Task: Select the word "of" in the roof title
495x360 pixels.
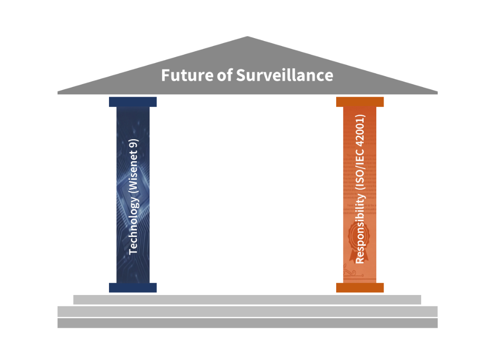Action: coord(225,76)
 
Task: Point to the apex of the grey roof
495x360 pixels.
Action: coord(247,37)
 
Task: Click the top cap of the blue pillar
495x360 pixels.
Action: coord(133,102)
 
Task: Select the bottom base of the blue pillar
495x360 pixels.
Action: coord(133,288)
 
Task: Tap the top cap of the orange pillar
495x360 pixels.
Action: coord(360,102)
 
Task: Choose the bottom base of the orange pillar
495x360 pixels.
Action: coord(360,288)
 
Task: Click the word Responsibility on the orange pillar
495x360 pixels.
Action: coord(360,229)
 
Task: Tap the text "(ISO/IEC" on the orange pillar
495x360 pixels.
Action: coord(360,169)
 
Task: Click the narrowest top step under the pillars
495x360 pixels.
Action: coord(247,299)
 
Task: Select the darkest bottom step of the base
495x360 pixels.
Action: coord(247,323)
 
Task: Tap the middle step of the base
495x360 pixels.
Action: coord(247,311)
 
